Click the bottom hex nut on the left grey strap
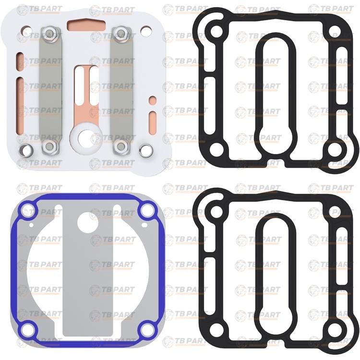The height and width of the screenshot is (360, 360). pyautogui.click(x=49, y=147)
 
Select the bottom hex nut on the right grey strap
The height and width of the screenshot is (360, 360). pyautogui.click(x=121, y=146)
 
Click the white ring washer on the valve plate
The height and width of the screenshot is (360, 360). pyautogui.click(x=86, y=138)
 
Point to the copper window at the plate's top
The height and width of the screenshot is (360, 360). pyautogui.click(x=86, y=25)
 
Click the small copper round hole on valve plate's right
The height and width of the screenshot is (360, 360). pyautogui.click(x=153, y=100)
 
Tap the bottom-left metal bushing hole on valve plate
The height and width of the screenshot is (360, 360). pyautogui.click(x=26, y=150)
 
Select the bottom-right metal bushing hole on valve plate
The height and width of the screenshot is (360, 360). pyautogui.click(x=146, y=150)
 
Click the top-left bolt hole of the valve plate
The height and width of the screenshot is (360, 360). pyautogui.click(x=26, y=31)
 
